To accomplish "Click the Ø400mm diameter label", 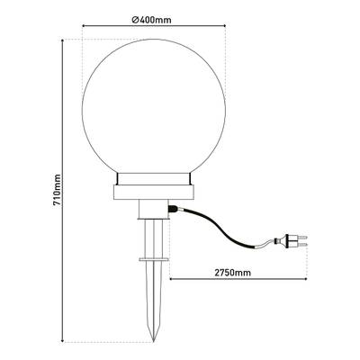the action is (151, 20).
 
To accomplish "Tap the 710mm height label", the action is (57, 190).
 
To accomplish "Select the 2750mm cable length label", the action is (233, 273).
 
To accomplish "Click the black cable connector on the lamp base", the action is (173, 209).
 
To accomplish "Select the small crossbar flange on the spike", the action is (154, 259).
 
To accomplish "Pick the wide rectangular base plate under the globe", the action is (154, 193).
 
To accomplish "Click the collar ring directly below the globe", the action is (154, 179).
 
